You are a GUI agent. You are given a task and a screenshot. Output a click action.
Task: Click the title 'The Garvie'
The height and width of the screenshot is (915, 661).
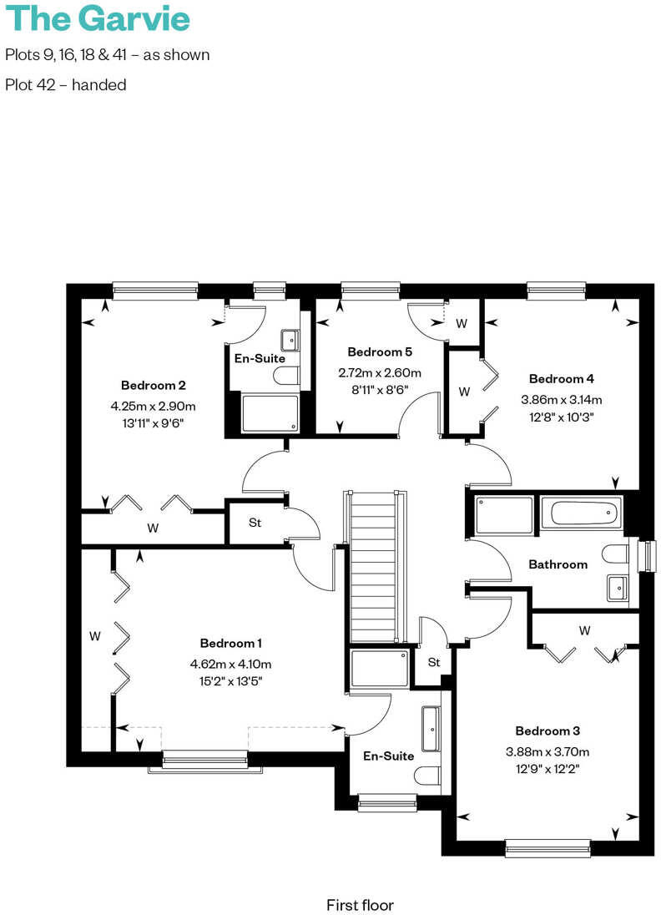coord(98,18)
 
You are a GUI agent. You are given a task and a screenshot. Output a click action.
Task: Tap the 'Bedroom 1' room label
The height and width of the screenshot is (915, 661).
coord(231,643)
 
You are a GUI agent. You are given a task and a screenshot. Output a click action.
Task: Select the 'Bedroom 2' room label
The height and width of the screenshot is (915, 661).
coord(153,385)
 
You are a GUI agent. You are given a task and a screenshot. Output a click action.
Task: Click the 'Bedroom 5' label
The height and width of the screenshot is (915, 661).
coord(380,351)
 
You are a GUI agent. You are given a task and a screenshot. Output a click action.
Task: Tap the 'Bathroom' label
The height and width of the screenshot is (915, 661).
coord(558,564)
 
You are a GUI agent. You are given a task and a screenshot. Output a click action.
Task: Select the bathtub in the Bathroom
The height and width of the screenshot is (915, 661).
coord(580,513)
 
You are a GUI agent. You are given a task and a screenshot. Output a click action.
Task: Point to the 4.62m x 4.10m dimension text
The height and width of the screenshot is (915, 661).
coord(231,664)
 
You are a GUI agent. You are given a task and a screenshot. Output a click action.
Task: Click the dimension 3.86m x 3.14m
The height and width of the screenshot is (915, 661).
coord(561,399)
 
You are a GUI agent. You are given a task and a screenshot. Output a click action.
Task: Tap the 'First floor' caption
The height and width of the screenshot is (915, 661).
coord(360,904)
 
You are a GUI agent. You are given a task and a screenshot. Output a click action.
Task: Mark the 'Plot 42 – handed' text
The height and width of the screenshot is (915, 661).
coord(66,84)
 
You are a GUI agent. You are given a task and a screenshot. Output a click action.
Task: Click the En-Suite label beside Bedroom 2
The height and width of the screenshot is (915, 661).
coord(260,358)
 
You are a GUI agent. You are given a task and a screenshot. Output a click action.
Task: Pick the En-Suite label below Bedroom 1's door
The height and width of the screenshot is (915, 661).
coord(388,756)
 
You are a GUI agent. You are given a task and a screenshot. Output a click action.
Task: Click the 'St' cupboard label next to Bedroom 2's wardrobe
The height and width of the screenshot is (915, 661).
coord(255,523)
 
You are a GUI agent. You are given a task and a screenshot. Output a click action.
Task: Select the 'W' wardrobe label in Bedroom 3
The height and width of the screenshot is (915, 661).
coord(584,629)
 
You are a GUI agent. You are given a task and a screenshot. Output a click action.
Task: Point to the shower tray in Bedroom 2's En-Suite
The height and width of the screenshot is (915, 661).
coord(270,412)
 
